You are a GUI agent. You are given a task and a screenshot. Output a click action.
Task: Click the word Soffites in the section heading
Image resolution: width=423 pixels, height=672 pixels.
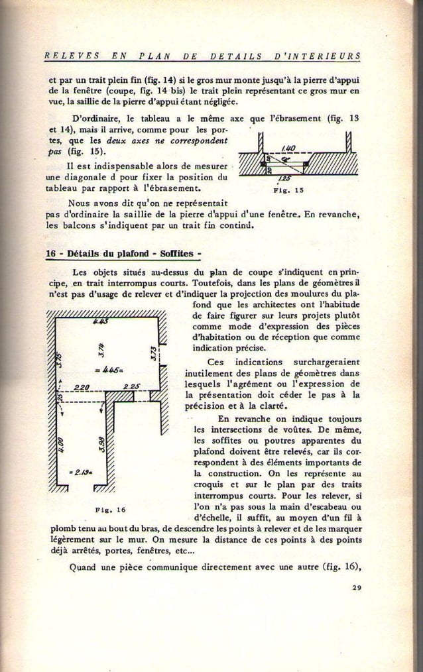click(x=178, y=255)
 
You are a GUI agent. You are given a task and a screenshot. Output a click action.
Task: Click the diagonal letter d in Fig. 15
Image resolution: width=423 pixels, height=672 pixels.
click(x=284, y=159)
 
